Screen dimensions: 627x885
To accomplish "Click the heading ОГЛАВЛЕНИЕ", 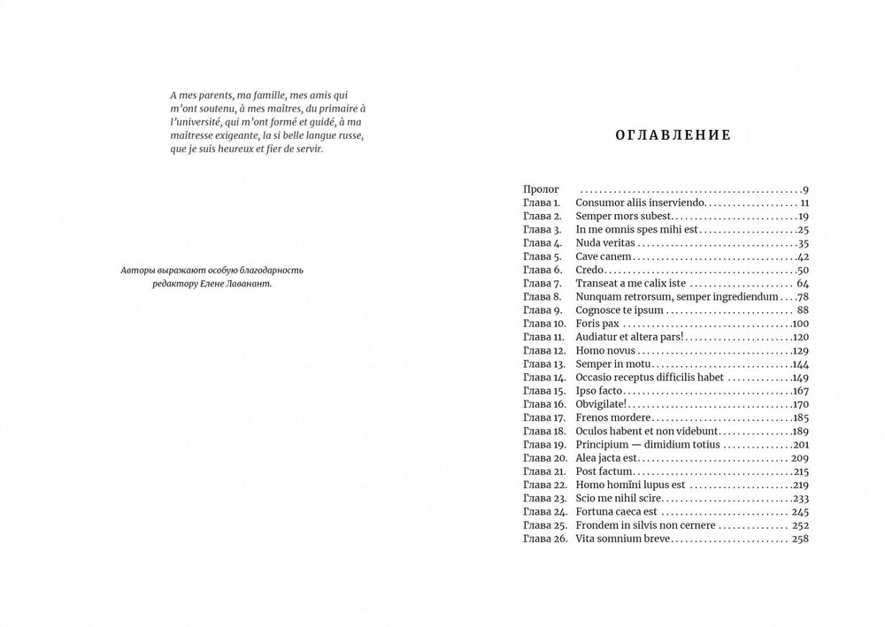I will pos(673,135).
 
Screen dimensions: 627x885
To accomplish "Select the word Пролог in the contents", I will pos(539,190).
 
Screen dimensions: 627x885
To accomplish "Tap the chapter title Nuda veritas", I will pos(605,243).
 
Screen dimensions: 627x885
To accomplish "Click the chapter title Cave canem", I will pos(603,256).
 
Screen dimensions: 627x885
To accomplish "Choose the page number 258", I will pos(800,539).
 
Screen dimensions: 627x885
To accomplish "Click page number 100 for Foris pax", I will pos(801,324).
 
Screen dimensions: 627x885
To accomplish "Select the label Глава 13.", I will pos(543,364).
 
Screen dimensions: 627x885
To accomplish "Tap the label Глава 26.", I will pos(544,539).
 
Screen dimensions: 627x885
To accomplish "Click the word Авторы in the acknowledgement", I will pos(137,270).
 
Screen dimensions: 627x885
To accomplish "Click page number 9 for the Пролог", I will pos(806,190).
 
